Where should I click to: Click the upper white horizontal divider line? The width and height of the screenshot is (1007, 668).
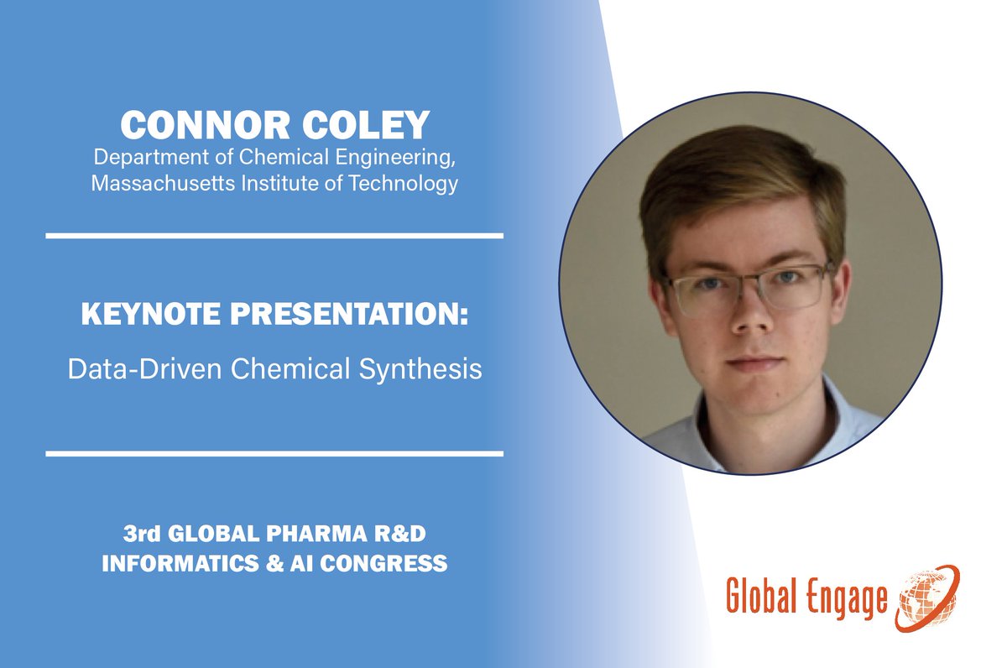tap(274, 236)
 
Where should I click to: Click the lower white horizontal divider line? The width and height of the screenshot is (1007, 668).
tap(274, 454)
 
